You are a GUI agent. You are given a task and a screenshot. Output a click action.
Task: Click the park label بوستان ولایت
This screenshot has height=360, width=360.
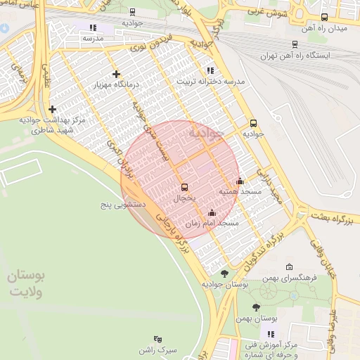(26, 284)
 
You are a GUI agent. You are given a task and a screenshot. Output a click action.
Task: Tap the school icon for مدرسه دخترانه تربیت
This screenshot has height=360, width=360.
(210, 70)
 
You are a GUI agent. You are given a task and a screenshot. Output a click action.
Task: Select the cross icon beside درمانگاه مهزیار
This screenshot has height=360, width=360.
(116, 74)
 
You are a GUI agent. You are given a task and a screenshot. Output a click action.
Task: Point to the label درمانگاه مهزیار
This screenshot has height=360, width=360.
(117, 85)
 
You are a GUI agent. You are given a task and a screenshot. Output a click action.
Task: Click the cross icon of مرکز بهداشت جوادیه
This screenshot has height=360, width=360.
(53, 109)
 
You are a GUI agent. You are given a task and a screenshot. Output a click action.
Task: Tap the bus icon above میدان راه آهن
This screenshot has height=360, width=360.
(324, 18)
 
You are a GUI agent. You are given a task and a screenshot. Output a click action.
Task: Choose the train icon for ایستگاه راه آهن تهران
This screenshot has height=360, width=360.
(295, 44)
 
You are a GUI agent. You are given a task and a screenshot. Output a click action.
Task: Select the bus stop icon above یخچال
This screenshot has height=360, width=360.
(184, 187)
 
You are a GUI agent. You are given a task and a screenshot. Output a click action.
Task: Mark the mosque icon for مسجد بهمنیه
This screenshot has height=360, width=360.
(240, 181)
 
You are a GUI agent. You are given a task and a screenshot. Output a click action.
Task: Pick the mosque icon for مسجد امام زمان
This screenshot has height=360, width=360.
(212, 212)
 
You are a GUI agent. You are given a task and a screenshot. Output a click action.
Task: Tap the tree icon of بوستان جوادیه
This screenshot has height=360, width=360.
(224, 274)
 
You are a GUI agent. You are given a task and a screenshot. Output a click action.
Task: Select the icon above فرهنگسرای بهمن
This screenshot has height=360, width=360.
(290, 267)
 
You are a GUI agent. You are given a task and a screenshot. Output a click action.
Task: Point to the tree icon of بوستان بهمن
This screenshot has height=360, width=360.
(255, 307)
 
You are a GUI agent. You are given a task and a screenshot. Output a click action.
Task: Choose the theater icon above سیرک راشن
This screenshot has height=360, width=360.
(157, 339)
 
